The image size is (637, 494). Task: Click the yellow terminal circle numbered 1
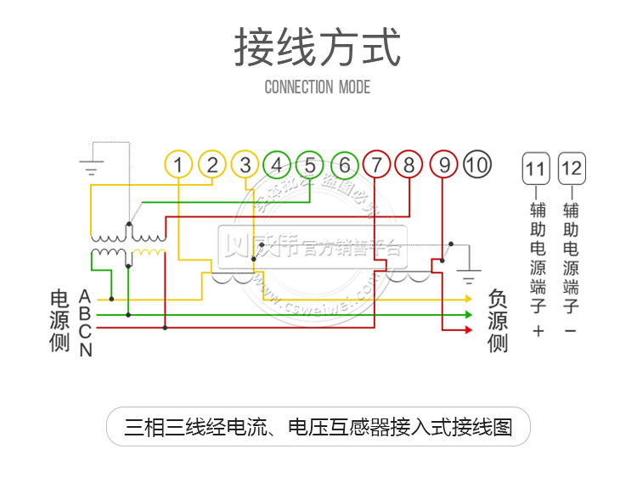point(178,164)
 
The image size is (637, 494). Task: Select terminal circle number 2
point(212,164)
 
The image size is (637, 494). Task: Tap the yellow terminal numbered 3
point(245,164)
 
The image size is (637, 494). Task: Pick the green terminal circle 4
point(277,164)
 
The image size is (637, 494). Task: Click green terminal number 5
point(310,164)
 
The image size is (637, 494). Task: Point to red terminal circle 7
point(377,164)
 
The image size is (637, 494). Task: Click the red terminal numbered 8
point(409,164)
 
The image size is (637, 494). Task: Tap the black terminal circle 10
point(477,164)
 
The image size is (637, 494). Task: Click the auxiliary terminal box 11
point(536,169)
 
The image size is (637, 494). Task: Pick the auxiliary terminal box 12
point(572,169)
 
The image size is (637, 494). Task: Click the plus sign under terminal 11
point(537,330)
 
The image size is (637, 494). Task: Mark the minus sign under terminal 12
point(571,330)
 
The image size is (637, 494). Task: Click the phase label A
point(85,296)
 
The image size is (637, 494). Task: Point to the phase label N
point(86,349)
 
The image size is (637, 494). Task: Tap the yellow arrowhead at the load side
point(468,299)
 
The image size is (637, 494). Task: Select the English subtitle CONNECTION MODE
point(318,87)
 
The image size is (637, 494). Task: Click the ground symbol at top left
point(91,166)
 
